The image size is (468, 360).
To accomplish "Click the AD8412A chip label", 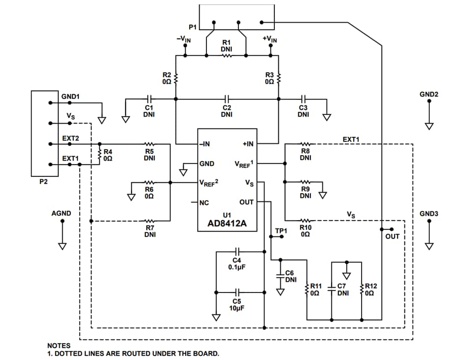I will click(227, 225).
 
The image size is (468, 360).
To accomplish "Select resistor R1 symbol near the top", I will click(227, 56).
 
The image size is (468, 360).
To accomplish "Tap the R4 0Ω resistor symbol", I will click(100, 154).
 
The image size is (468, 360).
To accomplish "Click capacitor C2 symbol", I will click(227, 98).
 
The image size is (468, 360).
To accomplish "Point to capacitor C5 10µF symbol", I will click(237, 292).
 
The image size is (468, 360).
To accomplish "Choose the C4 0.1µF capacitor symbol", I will click(237, 252).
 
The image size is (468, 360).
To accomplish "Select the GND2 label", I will click(429, 94).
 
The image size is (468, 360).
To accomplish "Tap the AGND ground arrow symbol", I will click(62, 245).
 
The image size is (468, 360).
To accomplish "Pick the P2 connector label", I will click(44, 182).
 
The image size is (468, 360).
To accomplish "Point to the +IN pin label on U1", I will click(248, 144).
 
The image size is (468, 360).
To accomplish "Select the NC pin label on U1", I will click(204, 202).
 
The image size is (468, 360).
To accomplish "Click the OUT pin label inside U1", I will click(246, 202).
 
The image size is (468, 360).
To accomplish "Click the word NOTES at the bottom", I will click(59, 346).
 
